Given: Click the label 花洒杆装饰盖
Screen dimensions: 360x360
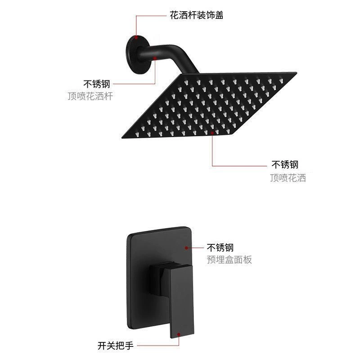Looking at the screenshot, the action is (x=197, y=15).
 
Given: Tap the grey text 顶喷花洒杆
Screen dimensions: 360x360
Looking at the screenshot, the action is (x=90, y=96).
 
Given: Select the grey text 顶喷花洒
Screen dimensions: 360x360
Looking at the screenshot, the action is (x=288, y=178).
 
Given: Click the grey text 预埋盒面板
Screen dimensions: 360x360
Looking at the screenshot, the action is (x=229, y=260).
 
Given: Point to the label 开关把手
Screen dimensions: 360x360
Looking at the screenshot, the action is (x=116, y=346).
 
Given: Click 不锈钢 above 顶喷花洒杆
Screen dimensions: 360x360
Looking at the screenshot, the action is (x=97, y=84).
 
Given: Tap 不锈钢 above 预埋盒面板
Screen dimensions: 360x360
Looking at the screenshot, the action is (x=220, y=247).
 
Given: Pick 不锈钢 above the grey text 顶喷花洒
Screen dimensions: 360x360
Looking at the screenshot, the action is (x=285, y=164).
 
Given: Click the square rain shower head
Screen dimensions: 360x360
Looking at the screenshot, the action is (x=209, y=105).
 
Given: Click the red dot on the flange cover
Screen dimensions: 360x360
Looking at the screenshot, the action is (x=136, y=37).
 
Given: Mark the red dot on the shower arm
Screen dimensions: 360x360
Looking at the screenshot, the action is (x=155, y=58).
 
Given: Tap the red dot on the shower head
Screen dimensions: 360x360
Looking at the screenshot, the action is (x=212, y=133).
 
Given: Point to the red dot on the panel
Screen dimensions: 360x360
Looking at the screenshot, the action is (x=187, y=248).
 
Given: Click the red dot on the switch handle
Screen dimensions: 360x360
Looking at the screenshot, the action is (x=179, y=334).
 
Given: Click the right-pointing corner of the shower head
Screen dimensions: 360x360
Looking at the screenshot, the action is (x=297, y=73).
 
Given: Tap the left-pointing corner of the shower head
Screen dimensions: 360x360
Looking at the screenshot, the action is (x=121, y=137).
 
